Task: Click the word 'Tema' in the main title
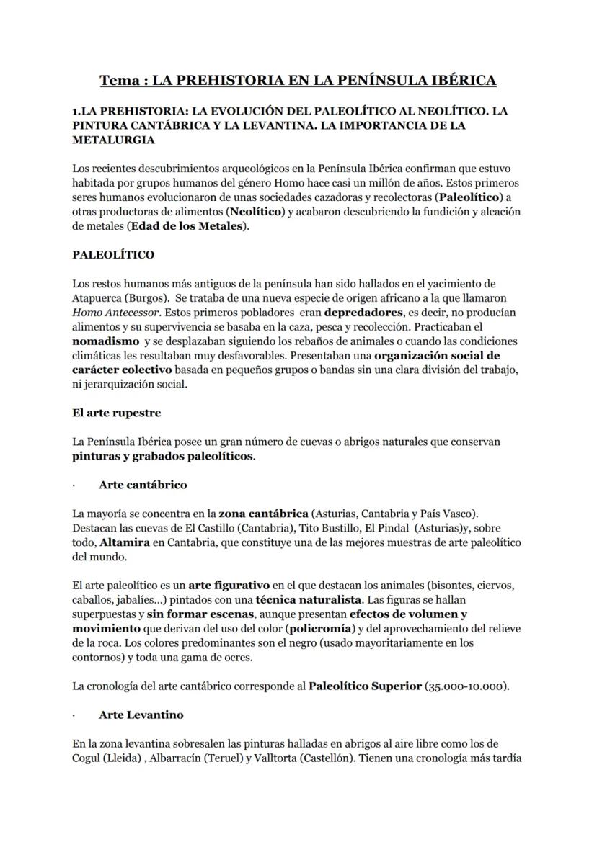120,80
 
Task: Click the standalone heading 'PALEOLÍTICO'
113,255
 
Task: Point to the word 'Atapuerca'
97,297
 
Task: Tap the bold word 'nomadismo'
106,341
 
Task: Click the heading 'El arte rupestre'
117,413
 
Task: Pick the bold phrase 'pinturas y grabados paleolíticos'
163,456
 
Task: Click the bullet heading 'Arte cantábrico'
142,485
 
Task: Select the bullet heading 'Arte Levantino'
141,715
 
